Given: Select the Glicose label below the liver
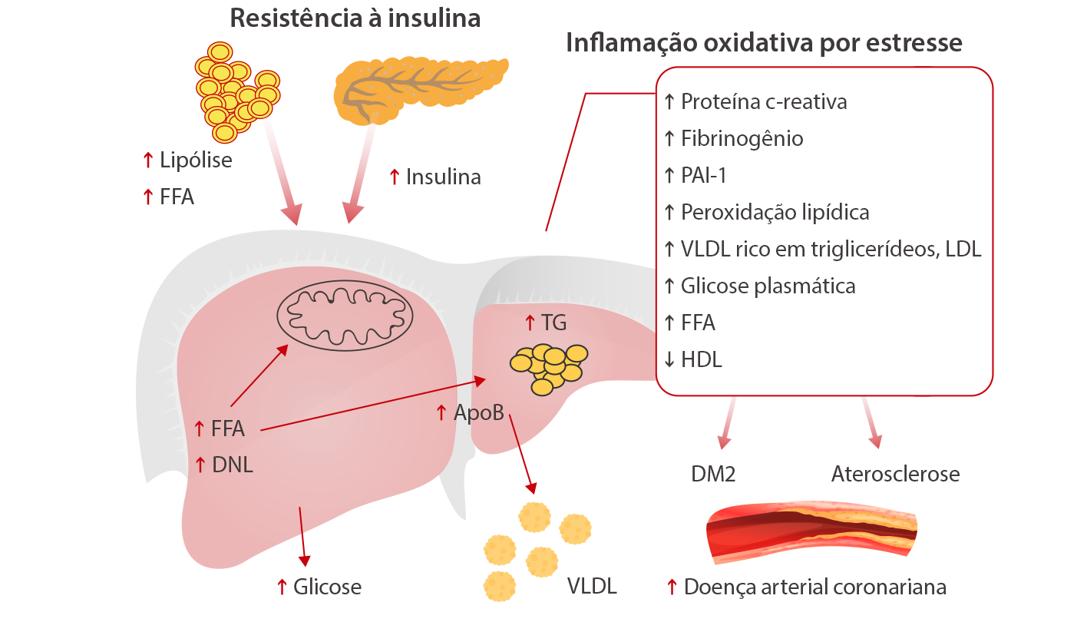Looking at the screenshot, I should (327, 587).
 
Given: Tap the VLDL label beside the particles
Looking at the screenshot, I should (592, 587).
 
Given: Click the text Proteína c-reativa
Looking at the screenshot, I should (764, 102).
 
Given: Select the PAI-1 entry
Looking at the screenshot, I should (703, 176).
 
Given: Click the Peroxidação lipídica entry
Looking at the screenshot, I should (775, 213).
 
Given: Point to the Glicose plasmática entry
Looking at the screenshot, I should (768, 286).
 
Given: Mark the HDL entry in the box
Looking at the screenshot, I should (701, 359).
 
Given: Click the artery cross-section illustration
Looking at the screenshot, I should (811, 530).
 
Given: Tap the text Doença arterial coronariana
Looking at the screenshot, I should (814, 587).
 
